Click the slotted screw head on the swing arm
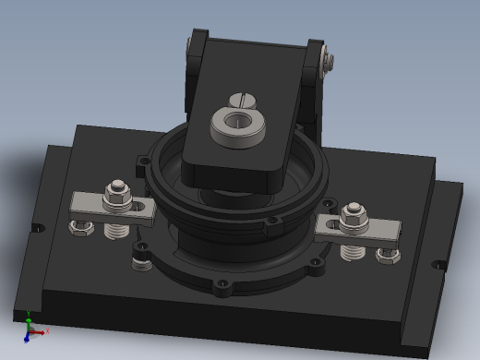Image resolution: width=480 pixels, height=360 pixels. pyautogui.click(x=241, y=96)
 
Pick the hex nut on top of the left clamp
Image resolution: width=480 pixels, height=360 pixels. pyautogui.click(x=118, y=193)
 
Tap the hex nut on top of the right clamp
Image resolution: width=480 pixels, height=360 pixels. pyautogui.click(x=352, y=216)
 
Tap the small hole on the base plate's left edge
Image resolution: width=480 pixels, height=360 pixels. pyautogui.click(x=37, y=227)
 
